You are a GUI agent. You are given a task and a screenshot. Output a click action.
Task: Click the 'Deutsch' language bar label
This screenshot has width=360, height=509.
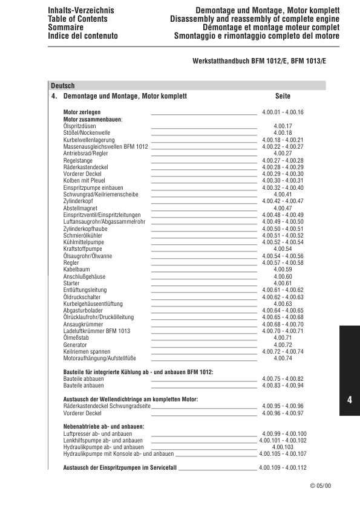pyautogui.click(x=63, y=86)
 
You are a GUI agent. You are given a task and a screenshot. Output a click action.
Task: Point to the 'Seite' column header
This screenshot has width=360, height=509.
pyautogui.click(x=283, y=96)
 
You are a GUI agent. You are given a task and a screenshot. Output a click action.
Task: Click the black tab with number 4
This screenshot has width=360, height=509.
pyautogui.click(x=350, y=400)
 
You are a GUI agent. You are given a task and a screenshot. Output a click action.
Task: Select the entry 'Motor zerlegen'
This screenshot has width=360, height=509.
pyautogui.click(x=82, y=112)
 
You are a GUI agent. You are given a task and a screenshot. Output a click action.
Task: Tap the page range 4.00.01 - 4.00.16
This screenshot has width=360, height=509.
pyautogui.click(x=283, y=112)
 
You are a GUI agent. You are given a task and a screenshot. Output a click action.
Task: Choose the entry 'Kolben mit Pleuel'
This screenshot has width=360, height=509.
pyautogui.click(x=84, y=181)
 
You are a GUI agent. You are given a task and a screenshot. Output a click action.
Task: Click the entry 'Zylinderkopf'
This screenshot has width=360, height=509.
pyautogui.click(x=78, y=201)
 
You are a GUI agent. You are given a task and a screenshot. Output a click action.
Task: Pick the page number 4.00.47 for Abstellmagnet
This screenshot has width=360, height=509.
pyautogui.click(x=283, y=208)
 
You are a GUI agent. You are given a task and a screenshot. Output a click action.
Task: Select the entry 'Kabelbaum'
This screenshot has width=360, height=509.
pyautogui.click(x=76, y=270)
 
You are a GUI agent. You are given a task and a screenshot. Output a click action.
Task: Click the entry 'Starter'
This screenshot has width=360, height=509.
pyautogui.click(x=71, y=284)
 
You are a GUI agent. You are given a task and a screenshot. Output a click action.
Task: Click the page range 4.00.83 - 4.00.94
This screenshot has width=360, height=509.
pyautogui.click(x=283, y=386)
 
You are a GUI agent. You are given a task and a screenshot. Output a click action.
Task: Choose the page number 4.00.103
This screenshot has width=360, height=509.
pyautogui.click(x=283, y=447)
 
